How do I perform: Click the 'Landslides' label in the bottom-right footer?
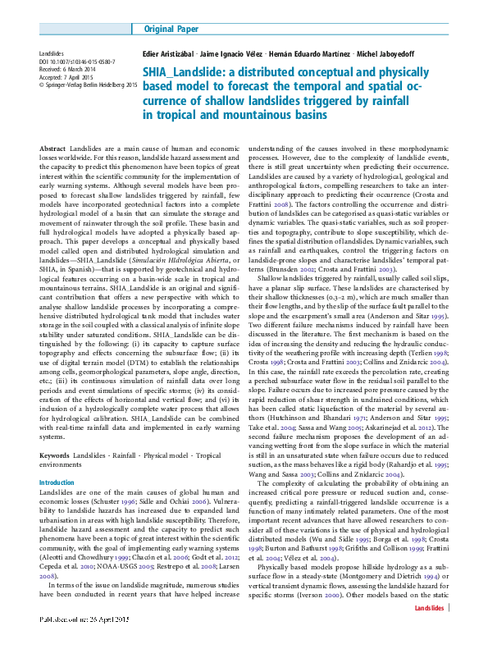429,631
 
